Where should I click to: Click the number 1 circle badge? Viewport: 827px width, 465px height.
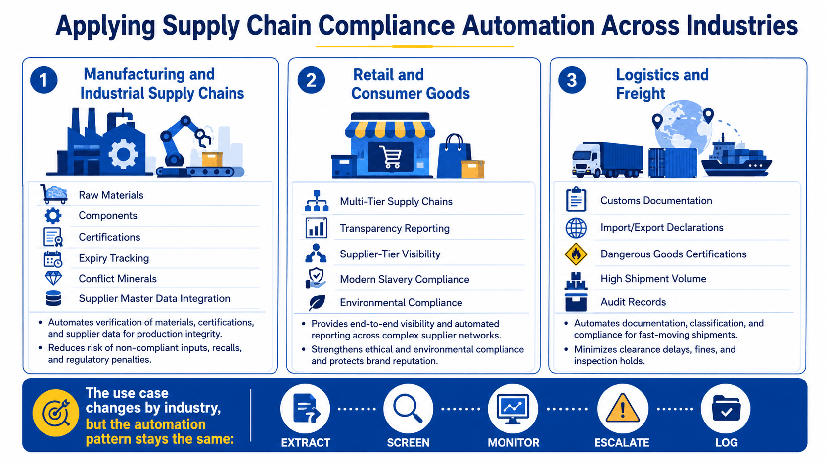pos(44,80)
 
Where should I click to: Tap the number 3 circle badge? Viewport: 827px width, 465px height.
pos(572,80)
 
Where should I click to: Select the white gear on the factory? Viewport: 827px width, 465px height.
pos(123,154)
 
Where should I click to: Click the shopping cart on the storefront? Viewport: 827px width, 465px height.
pos(391,157)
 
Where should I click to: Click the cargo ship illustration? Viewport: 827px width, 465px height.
pos(736,159)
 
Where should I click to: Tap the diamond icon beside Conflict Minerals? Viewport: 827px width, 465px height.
pos(53,278)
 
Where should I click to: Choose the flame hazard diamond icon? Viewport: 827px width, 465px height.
pos(576,254)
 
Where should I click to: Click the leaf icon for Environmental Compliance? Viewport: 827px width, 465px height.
pos(317,303)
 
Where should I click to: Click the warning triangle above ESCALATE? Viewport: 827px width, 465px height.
pos(622,408)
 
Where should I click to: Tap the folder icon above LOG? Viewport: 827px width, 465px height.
pos(726,408)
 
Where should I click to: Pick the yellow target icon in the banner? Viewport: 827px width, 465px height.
pos(56,413)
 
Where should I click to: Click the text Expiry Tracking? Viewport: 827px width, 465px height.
pos(114,258)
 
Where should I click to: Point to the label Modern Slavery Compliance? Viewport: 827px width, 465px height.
pos(405,279)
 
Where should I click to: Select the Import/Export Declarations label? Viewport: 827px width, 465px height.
pos(662,227)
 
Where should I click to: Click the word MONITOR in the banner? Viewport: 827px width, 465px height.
pos(513,442)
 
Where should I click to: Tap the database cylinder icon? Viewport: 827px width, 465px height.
pos(53,298)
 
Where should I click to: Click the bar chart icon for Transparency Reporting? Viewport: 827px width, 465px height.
pos(317,227)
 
